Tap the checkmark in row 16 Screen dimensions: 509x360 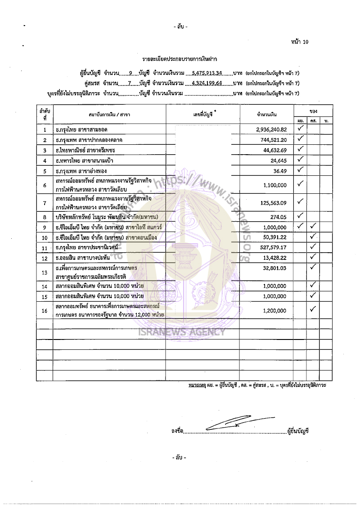click(314, 309)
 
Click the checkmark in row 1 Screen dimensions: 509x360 click(301, 129)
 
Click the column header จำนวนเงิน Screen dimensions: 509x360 click(266, 115)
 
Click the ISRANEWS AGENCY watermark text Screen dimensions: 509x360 click(188, 332)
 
